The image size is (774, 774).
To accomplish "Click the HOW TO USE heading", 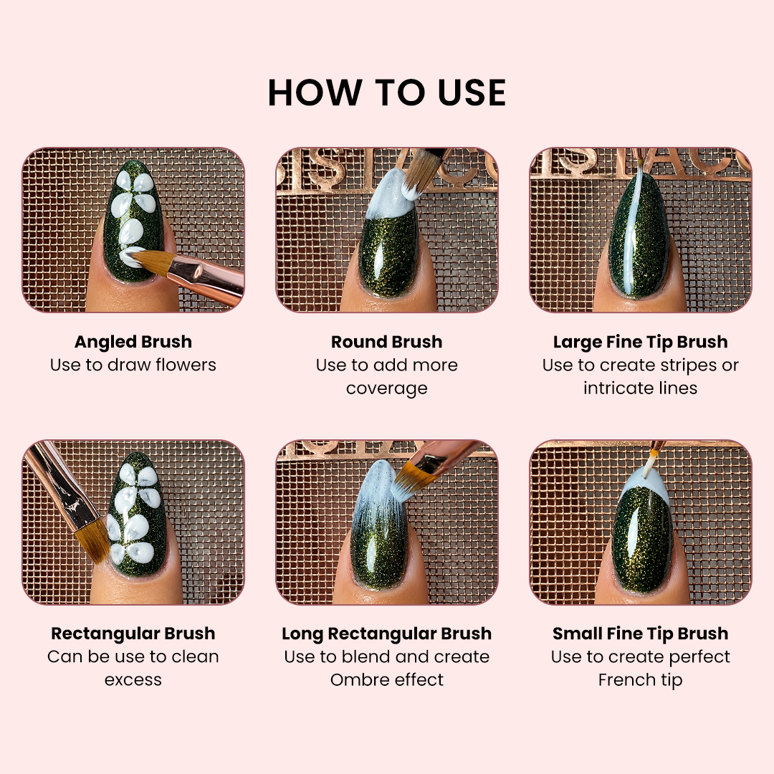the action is pos(387,92).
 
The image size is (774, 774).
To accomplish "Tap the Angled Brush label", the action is pos(133,342).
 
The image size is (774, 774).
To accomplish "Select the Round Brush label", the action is pos(386,342).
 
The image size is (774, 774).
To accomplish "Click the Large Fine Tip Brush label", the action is pos(640,342).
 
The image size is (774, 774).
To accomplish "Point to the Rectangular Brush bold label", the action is pos(133,634).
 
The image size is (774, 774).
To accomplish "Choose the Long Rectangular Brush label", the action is pos(386,634).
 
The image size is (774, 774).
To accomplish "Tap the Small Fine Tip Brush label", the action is pos(640,634).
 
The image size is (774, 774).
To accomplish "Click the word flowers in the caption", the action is pos(186,365).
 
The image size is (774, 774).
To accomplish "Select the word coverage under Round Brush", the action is pos(386,389).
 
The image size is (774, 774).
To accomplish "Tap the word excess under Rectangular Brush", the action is pos(133,680).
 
